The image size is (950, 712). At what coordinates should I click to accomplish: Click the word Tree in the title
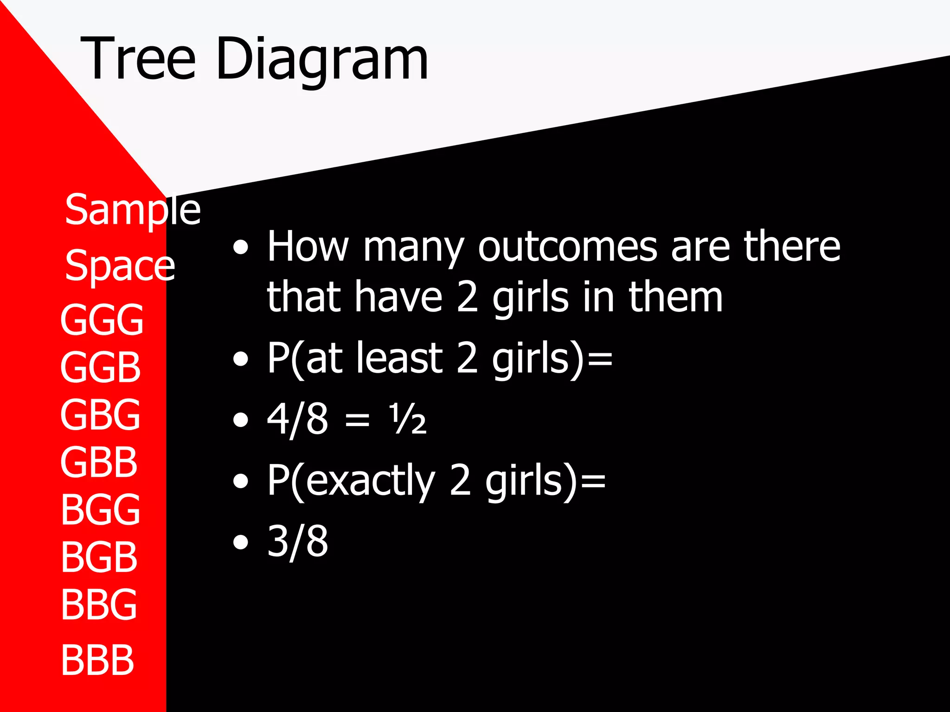[138, 59]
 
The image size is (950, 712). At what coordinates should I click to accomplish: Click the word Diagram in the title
[321, 59]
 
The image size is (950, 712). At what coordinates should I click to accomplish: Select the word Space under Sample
[120, 266]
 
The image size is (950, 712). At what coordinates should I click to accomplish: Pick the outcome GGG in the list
[102, 320]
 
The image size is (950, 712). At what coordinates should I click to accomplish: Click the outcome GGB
[100, 368]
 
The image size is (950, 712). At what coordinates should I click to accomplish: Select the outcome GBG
[100, 415]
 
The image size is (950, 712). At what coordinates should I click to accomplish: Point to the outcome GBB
[99, 462]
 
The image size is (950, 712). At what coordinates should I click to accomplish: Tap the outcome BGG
[100, 509]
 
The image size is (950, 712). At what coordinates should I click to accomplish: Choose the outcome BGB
[99, 557]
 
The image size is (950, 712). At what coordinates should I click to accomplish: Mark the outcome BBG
[99, 604]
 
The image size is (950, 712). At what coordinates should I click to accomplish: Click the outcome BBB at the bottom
[97, 660]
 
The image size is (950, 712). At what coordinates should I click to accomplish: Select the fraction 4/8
[297, 420]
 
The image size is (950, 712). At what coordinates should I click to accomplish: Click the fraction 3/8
[297, 541]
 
